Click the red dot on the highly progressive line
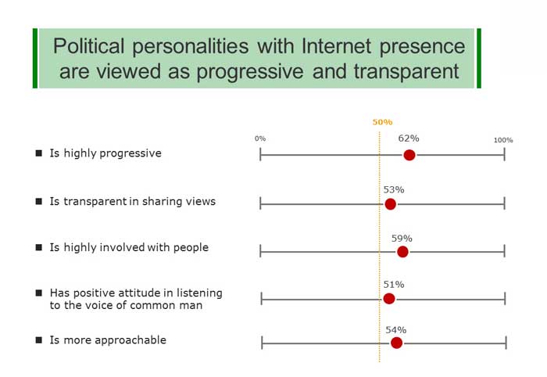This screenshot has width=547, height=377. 409,155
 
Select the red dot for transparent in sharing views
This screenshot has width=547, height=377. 391,204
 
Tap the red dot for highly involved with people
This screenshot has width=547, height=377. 402,252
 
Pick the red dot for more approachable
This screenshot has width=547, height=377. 396,343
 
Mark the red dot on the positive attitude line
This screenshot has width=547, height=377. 389,299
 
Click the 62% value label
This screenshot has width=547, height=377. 409,138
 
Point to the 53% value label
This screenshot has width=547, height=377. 394,189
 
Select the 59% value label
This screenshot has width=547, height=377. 402,239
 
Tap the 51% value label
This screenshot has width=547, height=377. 394,285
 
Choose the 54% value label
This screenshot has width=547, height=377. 396,330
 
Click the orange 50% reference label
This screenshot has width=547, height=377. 382,122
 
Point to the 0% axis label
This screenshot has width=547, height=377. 260,138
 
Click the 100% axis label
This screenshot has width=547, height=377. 503,140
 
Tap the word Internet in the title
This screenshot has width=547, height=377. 336,45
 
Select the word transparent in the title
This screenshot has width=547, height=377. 406,71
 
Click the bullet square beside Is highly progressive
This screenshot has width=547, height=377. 39,153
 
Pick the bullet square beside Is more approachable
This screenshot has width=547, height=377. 39,339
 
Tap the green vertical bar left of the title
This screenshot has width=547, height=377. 35,59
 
